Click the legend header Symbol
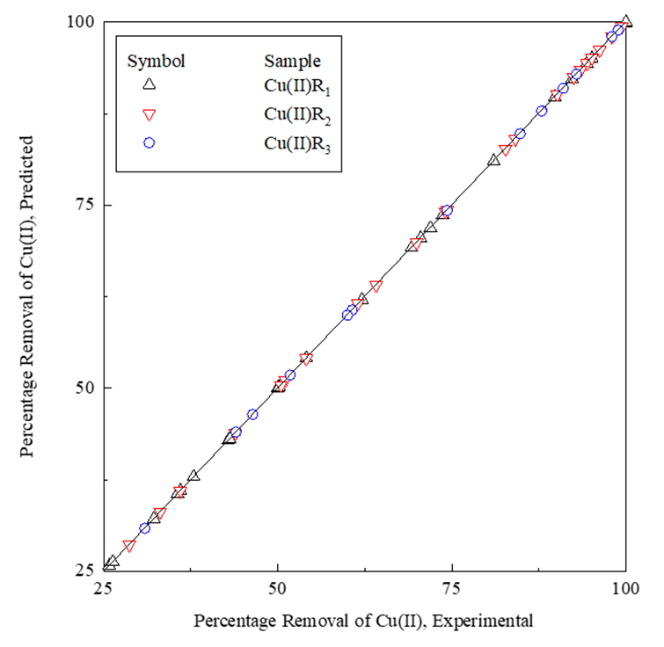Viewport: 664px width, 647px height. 156,61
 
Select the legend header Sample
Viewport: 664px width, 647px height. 292,61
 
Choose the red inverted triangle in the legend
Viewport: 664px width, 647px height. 149,114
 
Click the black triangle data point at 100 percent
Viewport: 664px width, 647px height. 625,21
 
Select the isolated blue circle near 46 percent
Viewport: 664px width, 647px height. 252,414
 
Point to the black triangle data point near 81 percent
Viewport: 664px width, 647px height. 493,159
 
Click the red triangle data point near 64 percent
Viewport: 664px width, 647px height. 376,286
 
